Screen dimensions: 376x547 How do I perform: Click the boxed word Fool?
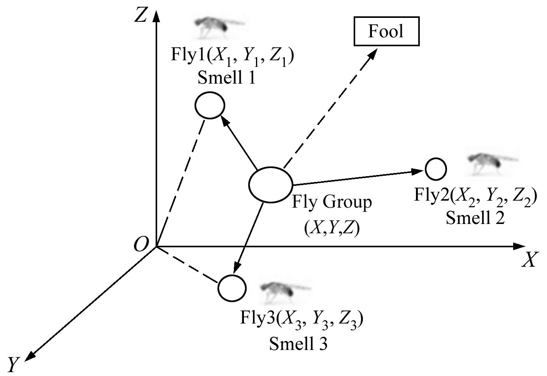click(x=386, y=31)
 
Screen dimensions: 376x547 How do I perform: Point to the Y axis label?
click(x=14, y=364)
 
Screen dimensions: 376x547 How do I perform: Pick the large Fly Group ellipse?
click(x=270, y=185)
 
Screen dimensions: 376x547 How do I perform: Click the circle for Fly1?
click(x=210, y=105)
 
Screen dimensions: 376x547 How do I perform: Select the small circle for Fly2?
click(x=436, y=169)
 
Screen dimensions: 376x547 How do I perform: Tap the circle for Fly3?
click(x=232, y=288)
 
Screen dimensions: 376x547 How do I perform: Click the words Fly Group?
click(x=331, y=203)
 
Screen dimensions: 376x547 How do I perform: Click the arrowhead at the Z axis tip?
click(x=156, y=16)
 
